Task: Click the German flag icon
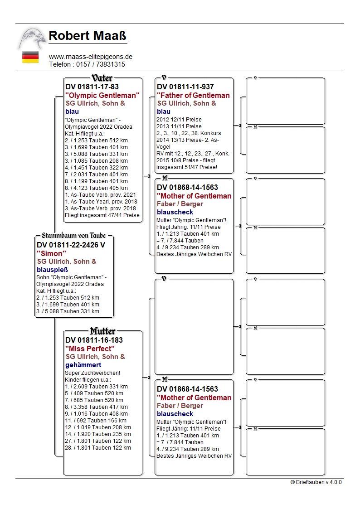coord(30,57)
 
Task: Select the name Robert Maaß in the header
coord(88,35)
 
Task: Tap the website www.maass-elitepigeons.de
coord(91,57)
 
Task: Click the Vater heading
coord(102,78)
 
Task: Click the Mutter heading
coord(102,331)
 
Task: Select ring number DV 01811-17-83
coord(92,87)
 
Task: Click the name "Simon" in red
coord(51,253)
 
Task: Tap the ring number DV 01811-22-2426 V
coord(71,245)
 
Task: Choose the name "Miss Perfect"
coord(90,349)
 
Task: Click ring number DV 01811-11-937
coord(185,87)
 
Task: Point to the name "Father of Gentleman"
coord(193,95)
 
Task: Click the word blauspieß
coord(52,269)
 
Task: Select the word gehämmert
coord(83,364)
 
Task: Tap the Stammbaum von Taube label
coord(73,236)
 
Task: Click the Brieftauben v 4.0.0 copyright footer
coord(316,482)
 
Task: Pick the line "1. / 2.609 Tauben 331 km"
coord(96,386)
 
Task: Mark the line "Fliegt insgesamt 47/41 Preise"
coord(102,215)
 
